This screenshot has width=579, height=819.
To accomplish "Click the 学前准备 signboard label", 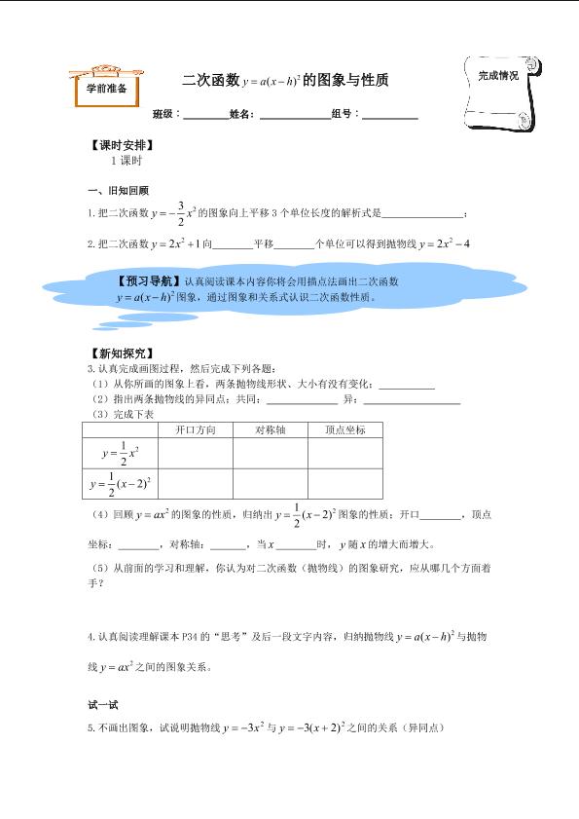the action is (x=107, y=85).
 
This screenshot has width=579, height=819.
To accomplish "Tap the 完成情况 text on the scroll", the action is (x=497, y=74).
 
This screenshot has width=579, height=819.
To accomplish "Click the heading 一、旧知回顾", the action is (x=118, y=191).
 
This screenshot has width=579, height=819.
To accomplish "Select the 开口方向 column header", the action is (x=195, y=429).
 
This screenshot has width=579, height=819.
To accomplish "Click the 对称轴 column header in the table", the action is (x=271, y=429).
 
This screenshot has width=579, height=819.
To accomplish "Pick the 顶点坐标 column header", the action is (x=344, y=429).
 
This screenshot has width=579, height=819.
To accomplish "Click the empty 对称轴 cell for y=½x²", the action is (x=271, y=453).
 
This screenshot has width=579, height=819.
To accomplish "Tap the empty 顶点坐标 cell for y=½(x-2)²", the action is (x=344, y=484).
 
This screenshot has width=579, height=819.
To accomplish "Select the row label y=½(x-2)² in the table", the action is (x=122, y=484).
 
